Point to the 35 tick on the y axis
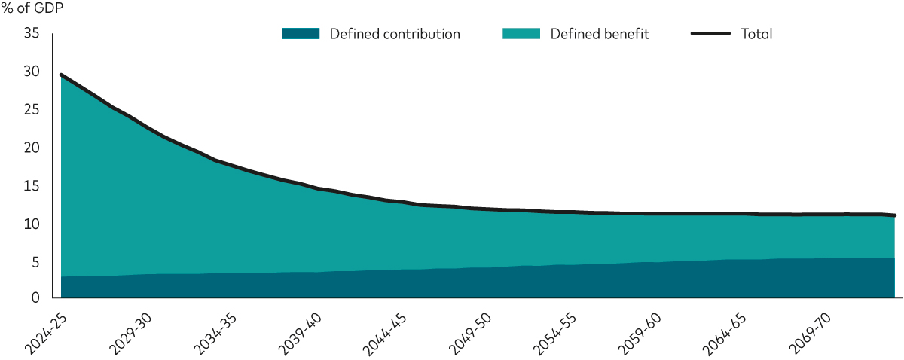tap(31, 34)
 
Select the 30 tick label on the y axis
tap(31, 72)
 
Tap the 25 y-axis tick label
tap(31, 110)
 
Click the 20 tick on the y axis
tap(31, 148)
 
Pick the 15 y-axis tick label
tap(31, 186)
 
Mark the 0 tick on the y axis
tap(35, 299)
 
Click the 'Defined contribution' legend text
tap(395, 34)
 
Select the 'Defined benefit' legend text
tap(600, 34)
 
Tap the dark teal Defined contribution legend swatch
tap(301, 34)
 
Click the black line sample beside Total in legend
tap(710, 34)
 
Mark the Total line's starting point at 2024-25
tap(61, 75)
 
